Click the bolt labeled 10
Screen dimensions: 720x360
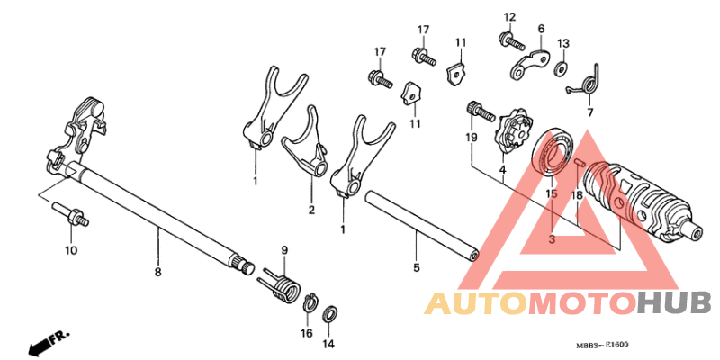[71, 214]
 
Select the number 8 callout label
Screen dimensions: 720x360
[157, 273]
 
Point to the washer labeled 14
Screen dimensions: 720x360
[329, 314]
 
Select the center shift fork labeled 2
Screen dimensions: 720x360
[307, 142]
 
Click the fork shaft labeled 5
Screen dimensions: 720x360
[421, 227]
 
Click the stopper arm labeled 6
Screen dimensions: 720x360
[529, 63]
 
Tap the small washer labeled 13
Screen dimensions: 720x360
[560, 69]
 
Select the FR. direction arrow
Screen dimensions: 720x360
[49, 341]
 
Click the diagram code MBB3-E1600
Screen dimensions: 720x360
[602, 345]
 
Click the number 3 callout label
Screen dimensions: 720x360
[552, 238]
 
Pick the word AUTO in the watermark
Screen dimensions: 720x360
[475, 303]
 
